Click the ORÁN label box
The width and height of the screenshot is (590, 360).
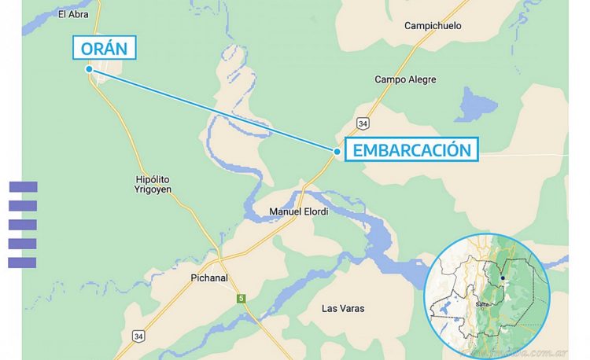(x=105, y=48)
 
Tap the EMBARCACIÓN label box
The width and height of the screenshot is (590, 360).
(x=411, y=150)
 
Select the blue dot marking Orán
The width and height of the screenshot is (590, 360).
(x=90, y=69)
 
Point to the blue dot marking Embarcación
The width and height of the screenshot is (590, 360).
(x=337, y=150)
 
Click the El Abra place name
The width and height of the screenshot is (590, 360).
(x=73, y=14)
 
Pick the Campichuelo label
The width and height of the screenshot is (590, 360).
(x=433, y=26)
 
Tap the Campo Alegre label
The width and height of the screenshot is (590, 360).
(x=404, y=79)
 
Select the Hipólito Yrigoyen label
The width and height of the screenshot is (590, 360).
(x=153, y=185)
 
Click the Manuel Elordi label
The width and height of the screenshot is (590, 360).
(x=299, y=211)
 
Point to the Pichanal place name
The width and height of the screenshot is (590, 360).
(x=209, y=277)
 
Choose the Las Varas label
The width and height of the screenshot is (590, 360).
(x=343, y=308)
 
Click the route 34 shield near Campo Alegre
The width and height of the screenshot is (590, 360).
(x=362, y=123)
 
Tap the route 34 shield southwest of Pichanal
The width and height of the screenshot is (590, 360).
(x=139, y=336)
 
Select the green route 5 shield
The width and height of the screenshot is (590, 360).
(x=242, y=298)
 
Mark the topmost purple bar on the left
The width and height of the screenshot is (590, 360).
(x=23, y=187)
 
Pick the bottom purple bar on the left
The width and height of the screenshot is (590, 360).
(x=23, y=263)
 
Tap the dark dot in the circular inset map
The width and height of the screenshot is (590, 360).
(x=503, y=277)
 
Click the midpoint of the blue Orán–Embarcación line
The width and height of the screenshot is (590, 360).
(x=214, y=110)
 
